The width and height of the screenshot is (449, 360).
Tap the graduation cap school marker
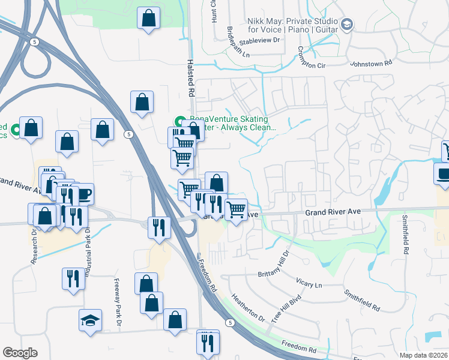coord(90,320)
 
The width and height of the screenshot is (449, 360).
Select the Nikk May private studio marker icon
coord(346,24)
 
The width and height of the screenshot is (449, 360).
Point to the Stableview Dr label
coord(260,42)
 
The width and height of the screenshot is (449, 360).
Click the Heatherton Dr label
coord(247,307)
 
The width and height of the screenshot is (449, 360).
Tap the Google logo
coord(20,353)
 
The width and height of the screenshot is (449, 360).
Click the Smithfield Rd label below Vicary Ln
coord(361,300)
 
